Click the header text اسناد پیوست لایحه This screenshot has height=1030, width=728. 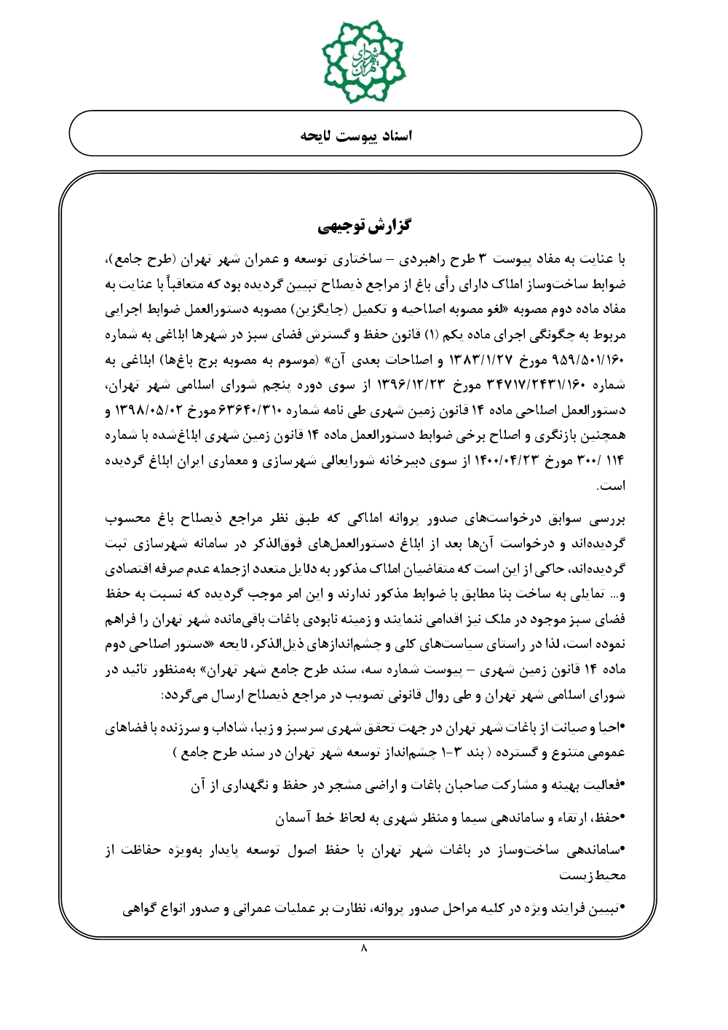[356, 135]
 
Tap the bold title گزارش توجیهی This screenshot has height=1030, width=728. [364, 226]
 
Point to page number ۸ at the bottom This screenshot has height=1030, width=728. [364, 947]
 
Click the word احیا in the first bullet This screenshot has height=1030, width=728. [610, 728]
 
